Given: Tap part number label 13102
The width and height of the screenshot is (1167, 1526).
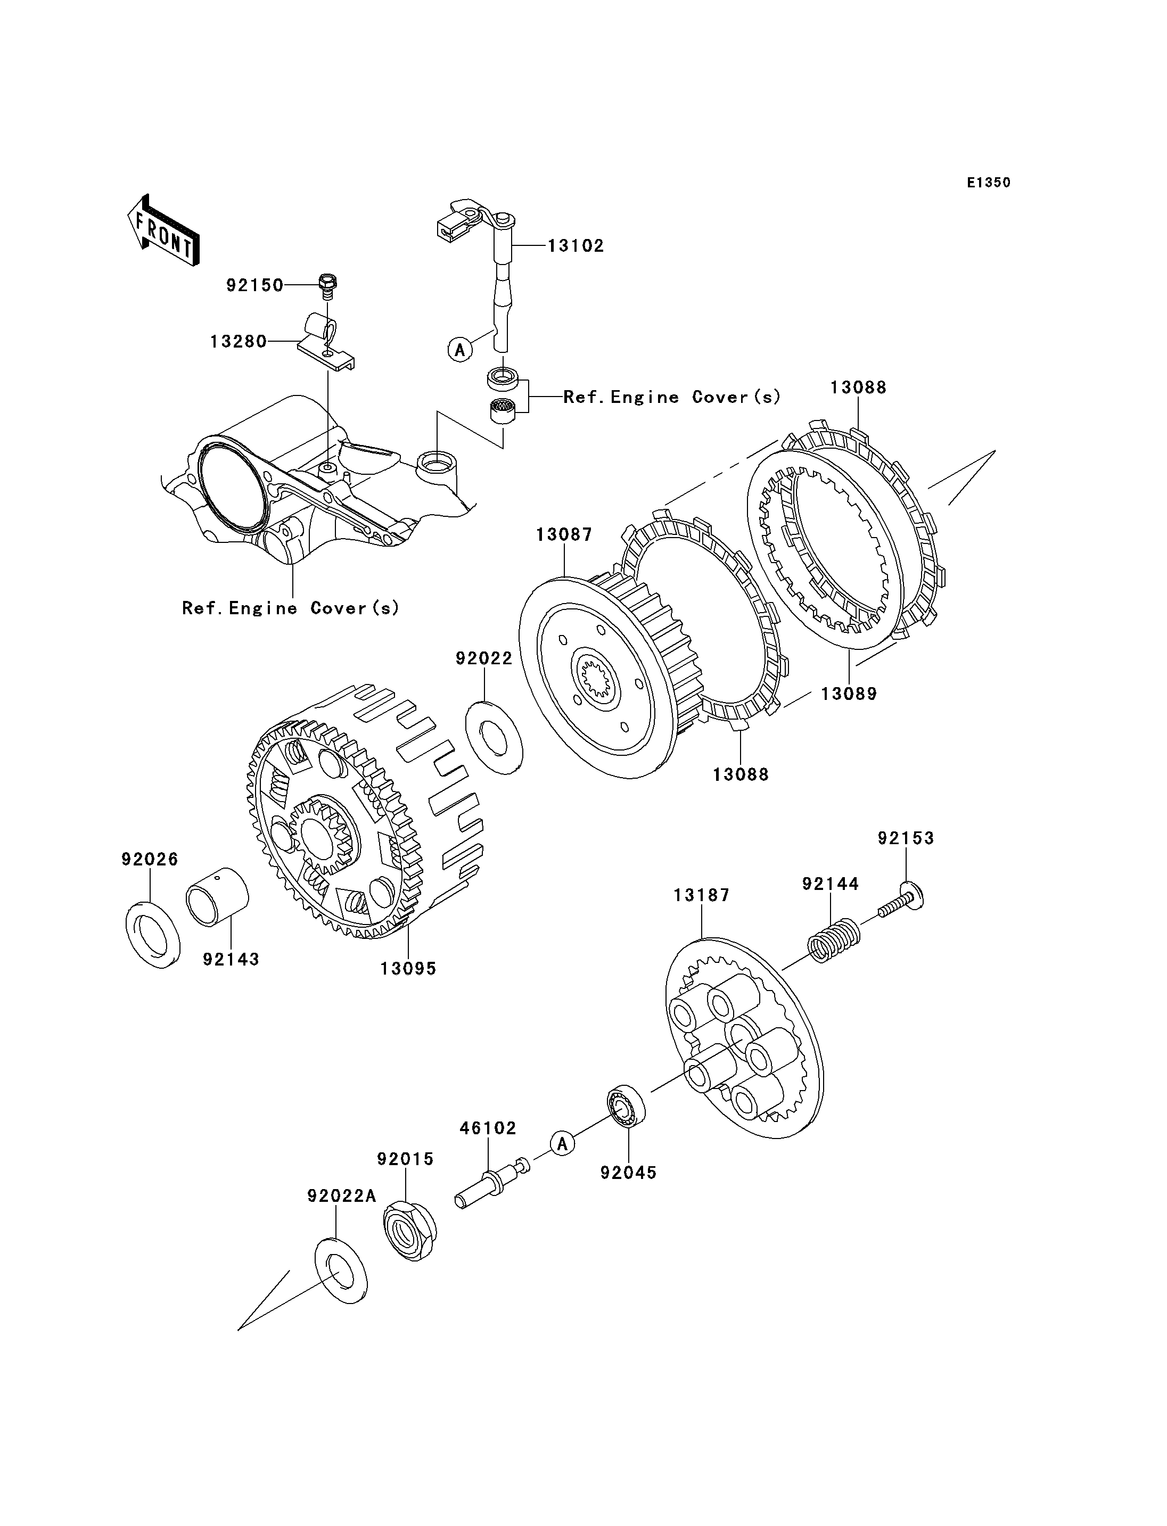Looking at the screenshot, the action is pos(576,246).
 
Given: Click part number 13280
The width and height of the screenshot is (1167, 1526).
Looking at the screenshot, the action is pos(239,342).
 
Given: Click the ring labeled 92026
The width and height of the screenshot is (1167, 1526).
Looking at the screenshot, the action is pos(153,933).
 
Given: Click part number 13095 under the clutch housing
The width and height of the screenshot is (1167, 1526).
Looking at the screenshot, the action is pos(408,968).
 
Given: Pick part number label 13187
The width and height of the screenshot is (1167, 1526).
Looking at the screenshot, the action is pos(702,895).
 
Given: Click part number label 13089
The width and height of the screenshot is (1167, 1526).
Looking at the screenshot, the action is pos(849,693).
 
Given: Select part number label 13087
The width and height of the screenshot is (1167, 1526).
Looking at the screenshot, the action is pos(564,535).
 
